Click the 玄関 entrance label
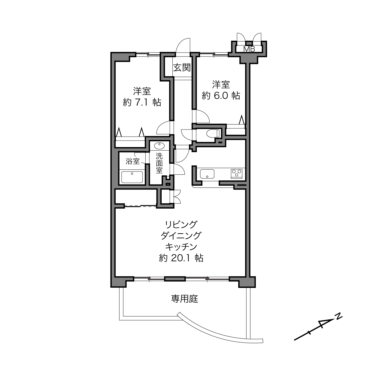pyautogui.click(x=182, y=67)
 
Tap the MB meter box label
pyautogui.click(x=249, y=49)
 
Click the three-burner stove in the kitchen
pyautogui.click(x=237, y=174)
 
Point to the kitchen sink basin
pyautogui.click(x=207, y=174)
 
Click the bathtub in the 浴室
pyautogui.click(x=132, y=177)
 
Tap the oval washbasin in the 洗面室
pyautogui.click(x=160, y=146)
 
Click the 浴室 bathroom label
pyautogui.click(x=133, y=161)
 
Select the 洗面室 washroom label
pyautogui.click(x=159, y=163)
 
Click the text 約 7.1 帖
pyautogui.click(x=142, y=102)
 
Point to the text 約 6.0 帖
pyautogui.click(x=221, y=96)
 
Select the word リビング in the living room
pyautogui.click(x=181, y=225)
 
